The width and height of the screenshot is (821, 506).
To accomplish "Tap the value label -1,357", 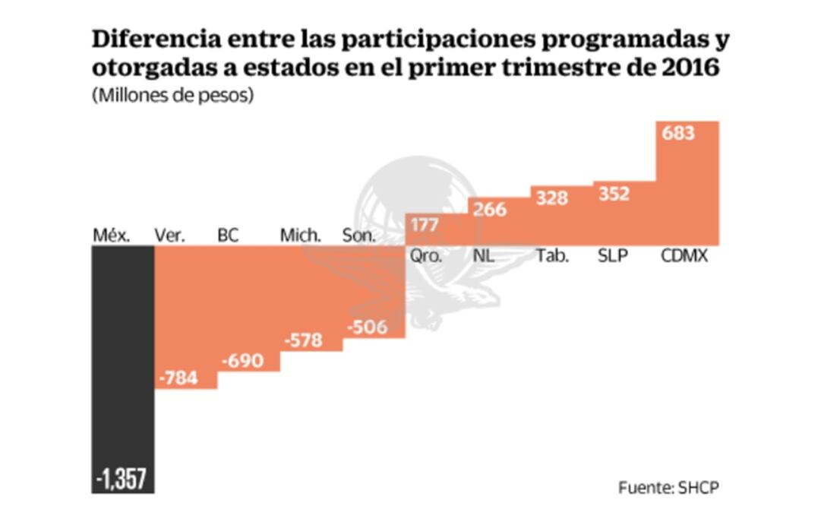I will click(x=122, y=479).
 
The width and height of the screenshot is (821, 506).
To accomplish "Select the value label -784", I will click(x=178, y=378).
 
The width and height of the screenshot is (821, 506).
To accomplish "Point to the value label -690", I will click(x=242, y=360).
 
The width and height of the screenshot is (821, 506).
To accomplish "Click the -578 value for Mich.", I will click(x=303, y=340).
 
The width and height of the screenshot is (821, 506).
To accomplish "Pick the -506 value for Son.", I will click(x=366, y=327).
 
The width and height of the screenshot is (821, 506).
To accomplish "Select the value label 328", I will click(x=551, y=198).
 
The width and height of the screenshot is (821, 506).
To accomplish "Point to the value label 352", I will click(x=613, y=194).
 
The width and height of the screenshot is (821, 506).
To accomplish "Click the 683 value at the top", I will click(x=677, y=133).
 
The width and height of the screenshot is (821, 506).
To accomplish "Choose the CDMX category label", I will click(x=684, y=256).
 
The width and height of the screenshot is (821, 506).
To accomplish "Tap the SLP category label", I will click(x=613, y=256).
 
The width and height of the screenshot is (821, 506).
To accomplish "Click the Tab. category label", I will click(x=552, y=256).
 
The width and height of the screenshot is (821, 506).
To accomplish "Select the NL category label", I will click(x=484, y=256).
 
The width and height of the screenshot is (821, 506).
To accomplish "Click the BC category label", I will click(x=228, y=236).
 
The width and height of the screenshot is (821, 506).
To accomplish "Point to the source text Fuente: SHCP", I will click(x=668, y=486).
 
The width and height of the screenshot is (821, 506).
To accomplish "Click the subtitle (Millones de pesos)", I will click(x=172, y=97).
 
